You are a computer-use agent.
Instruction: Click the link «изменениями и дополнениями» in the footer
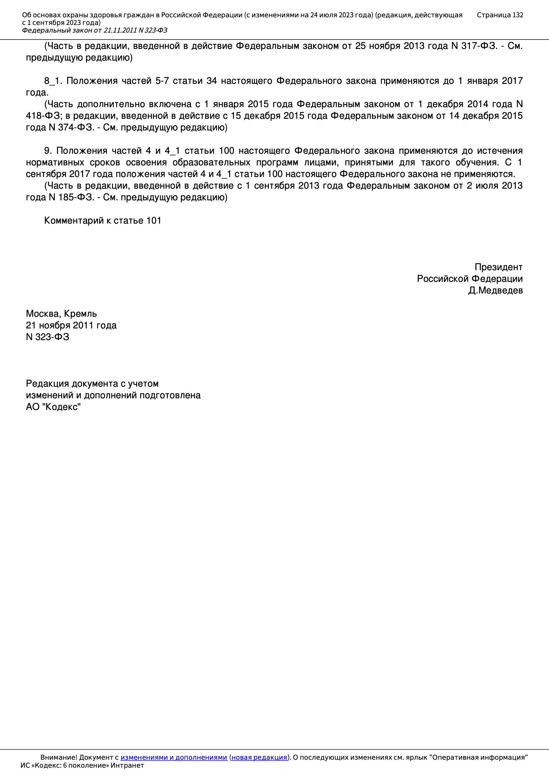pos(173,757)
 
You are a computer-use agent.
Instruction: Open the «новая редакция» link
pos(259,757)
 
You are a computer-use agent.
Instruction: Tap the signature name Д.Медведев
pos(495,291)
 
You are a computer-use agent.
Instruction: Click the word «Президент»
pos(498,267)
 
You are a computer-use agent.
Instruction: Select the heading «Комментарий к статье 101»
pos(103,221)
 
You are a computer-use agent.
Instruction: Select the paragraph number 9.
pos(48,151)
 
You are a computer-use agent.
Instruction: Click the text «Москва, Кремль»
pos(61,314)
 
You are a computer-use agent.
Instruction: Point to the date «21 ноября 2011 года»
pos(71,325)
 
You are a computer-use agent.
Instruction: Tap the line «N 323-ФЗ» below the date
pos(48,337)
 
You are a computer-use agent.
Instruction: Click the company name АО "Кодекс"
pos(53,407)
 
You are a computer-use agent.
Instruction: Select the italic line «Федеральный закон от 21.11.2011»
pos(95,31)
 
